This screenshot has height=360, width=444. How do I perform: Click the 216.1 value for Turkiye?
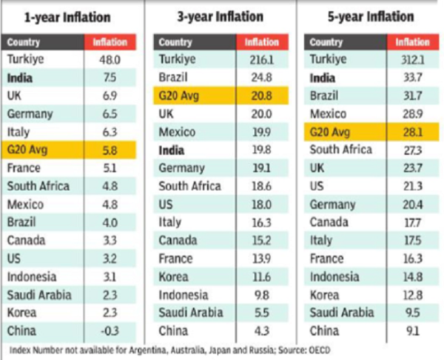pyautogui.click(x=258, y=59)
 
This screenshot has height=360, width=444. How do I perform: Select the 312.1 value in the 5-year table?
pyautogui.click(x=409, y=59)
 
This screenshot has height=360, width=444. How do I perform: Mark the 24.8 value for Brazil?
pyautogui.click(x=258, y=77)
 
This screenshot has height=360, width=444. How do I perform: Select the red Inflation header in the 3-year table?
pyautogui.click(x=258, y=42)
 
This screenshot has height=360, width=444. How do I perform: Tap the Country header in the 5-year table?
pyautogui.click(x=326, y=42)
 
